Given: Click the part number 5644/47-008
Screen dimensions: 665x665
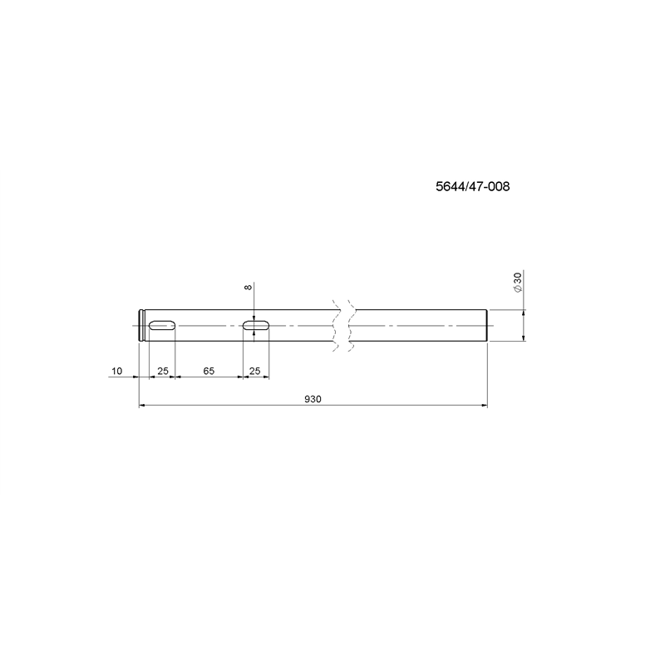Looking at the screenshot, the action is (x=472, y=186).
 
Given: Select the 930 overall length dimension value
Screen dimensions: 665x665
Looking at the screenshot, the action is (x=313, y=399).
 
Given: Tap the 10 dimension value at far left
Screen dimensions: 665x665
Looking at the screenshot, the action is (x=116, y=371).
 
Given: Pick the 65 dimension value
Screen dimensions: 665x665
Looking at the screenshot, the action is (x=209, y=371).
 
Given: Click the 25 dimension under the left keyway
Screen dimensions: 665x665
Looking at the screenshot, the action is (x=163, y=371).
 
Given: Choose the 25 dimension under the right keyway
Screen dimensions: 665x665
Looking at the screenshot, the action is (x=255, y=371).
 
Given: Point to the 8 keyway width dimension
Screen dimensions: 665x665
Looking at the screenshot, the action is (x=248, y=287).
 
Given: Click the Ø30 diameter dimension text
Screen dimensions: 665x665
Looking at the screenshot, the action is (x=517, y=282).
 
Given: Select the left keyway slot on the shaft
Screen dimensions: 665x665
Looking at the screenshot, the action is (x=162, y=325).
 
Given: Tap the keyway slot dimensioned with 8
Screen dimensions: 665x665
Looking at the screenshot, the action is (x=256, y=325).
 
